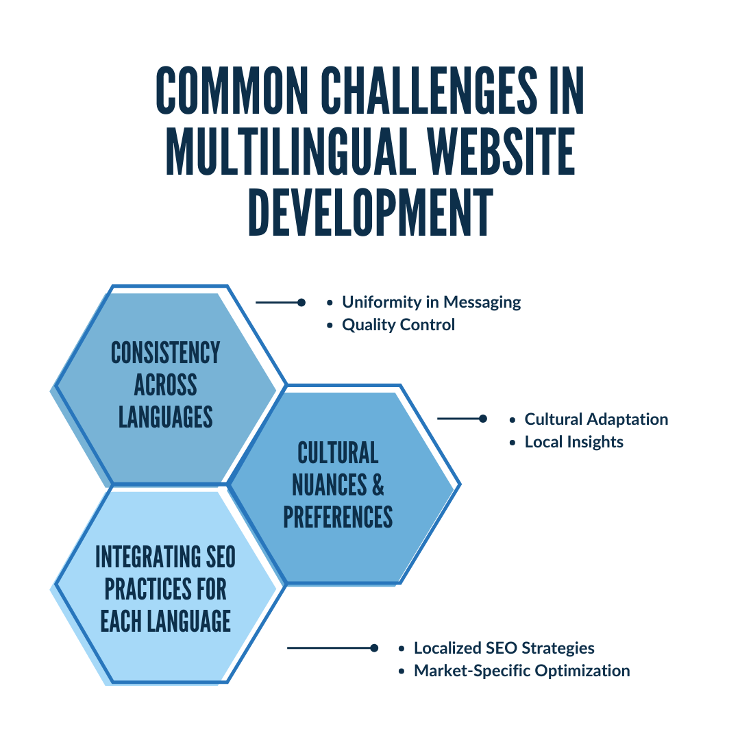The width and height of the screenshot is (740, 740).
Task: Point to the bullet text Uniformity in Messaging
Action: [431, 302]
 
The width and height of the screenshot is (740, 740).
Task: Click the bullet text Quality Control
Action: [398, 325]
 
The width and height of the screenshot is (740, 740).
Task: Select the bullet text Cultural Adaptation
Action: [596, 419]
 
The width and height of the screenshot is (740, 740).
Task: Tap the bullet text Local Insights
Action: [573, 442]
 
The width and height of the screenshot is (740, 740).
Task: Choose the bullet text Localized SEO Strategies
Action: [504, 648]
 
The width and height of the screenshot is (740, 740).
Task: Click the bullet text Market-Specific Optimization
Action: [521, 671]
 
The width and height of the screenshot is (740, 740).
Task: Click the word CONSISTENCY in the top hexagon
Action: [165, 353]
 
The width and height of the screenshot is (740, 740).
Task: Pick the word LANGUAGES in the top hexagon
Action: [165, 416]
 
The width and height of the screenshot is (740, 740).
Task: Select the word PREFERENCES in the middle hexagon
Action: [338, 517]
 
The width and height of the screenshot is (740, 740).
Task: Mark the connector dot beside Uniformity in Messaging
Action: [301, 302]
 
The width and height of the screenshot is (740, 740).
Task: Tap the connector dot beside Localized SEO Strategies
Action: [373, 648]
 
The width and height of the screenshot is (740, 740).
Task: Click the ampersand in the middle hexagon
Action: [377, 484]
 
